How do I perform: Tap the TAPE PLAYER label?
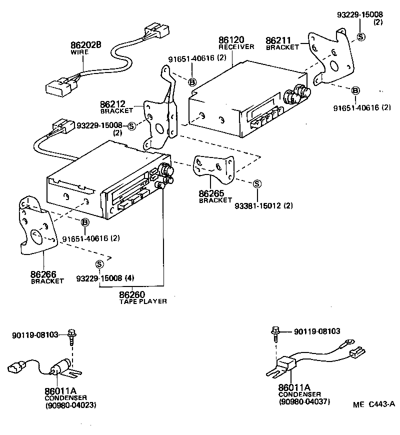click(x=142, y=301)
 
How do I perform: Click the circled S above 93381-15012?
click(x=256, y=183)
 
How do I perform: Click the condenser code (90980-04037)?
click(x=304, y=401)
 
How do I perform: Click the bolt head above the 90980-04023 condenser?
click(x=73, y=332)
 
